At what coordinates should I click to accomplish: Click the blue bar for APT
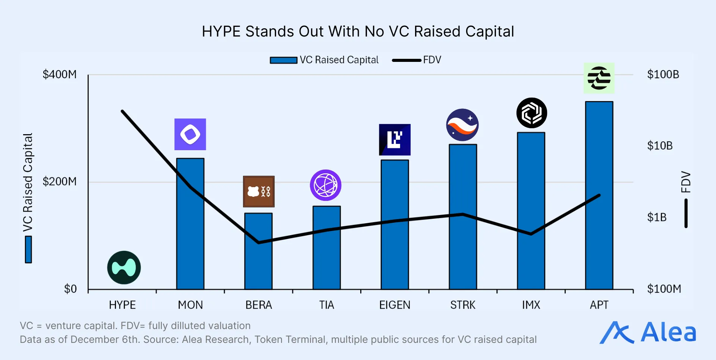(599, 196)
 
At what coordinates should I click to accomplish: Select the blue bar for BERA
(258, 251)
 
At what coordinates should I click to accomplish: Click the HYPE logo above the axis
(124, 268)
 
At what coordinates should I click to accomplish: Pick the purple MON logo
(190, 134)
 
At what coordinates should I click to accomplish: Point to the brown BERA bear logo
(259, 192)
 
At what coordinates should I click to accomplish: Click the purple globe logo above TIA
(326, 185)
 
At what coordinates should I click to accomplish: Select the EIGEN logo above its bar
(395, 140)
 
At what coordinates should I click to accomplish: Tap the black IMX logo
(531, 113)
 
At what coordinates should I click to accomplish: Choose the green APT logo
(599, 78)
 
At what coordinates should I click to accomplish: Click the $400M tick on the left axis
(60, 75)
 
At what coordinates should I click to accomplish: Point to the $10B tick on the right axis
(660, 146)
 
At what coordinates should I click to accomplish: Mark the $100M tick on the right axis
(664, 289)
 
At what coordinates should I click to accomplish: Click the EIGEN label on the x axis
(395, 305)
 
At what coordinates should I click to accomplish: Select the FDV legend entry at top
(417, 60)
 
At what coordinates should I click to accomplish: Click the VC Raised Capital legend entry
(324, 60)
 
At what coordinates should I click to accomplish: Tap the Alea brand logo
(648, 332)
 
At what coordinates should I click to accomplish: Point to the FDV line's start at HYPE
(123, 111)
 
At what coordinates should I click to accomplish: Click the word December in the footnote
(94, 340)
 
